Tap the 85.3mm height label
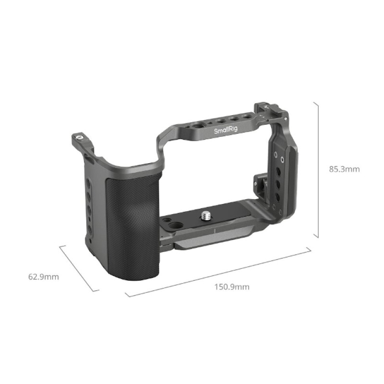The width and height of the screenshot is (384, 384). (x=344, y=169)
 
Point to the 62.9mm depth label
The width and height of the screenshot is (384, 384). (x=44, y=277)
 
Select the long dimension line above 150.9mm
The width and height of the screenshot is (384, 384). (x=218, y=272)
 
